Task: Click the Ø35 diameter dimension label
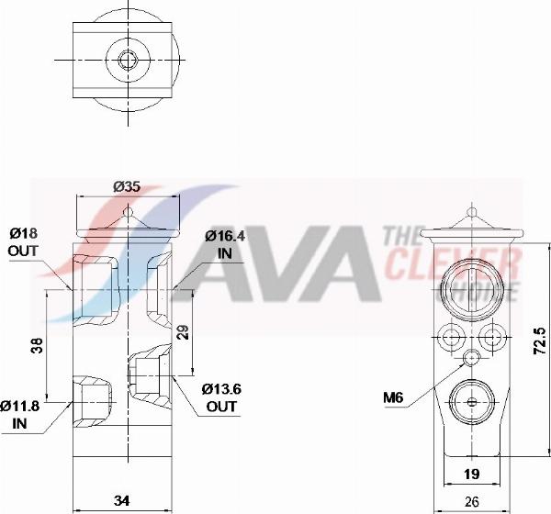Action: point(126,186)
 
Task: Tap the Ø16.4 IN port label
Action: point(225,243)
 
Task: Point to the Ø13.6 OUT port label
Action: point(222,397)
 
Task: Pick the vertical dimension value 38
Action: point(36,346)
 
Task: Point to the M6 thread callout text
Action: point(394,397)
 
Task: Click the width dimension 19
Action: point(470,474)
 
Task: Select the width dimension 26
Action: point(470,501)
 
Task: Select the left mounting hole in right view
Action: point(450,336)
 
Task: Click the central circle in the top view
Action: point(126,60)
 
